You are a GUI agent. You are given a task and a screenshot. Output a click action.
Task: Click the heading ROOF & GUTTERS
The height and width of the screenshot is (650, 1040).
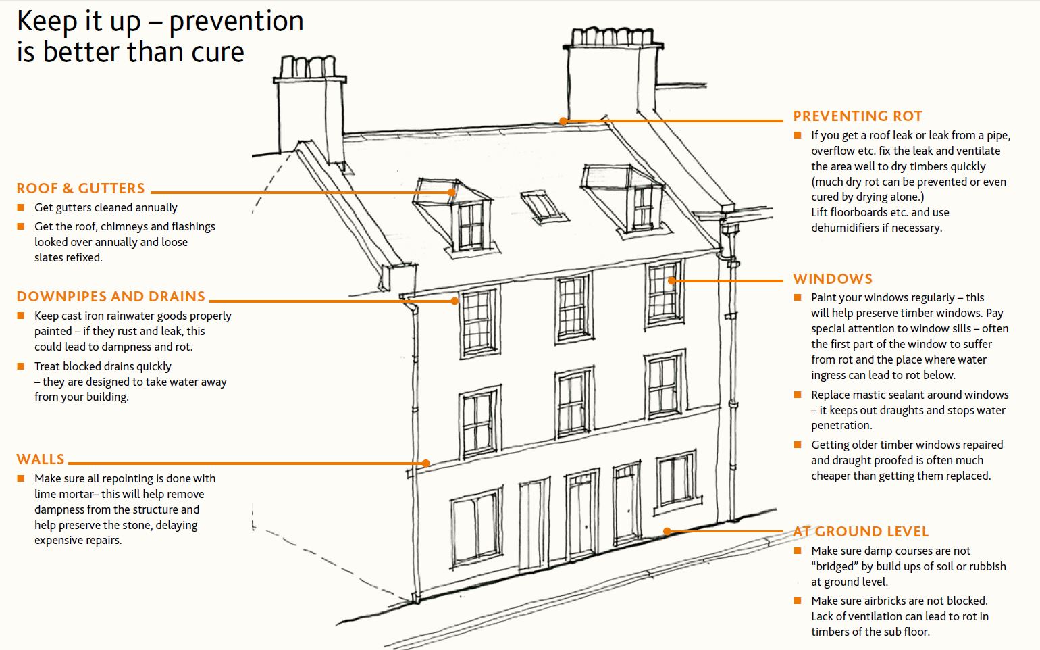coord(80,189)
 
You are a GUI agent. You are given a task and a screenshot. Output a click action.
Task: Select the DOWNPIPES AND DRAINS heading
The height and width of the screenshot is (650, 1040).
coord(111,297)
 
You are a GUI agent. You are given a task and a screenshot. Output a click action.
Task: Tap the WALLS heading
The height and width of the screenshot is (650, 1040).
coord(41,459)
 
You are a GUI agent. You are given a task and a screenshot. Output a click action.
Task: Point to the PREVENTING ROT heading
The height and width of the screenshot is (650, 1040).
coord(857,116)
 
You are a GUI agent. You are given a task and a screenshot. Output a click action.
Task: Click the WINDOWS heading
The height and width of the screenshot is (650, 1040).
coord(832,279)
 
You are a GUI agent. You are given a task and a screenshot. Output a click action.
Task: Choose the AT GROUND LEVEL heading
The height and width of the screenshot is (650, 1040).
coord(860,532)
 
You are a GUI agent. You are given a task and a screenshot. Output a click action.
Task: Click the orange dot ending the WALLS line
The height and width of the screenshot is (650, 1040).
coord(426,464)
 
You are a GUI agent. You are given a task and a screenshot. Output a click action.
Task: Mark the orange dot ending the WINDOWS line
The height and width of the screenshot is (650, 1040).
coord(672,280)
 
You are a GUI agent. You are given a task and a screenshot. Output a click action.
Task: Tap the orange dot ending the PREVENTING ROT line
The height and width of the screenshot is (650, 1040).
coord(563,122)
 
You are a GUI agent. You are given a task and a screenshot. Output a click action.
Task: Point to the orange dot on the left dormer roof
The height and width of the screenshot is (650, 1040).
coord(452,192)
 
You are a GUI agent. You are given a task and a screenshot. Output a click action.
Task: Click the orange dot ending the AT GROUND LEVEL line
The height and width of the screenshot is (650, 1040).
coord(667,532)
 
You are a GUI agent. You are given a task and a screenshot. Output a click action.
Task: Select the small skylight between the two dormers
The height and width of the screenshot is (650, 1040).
coord(542,206)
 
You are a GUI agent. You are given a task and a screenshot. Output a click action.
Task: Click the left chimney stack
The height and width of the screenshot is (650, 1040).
coord(310,108)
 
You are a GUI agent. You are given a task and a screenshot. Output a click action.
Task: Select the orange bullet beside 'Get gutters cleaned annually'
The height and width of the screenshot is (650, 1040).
coord(21,207)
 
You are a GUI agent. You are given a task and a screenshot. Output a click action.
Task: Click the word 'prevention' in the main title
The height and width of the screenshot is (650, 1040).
coord(236,21)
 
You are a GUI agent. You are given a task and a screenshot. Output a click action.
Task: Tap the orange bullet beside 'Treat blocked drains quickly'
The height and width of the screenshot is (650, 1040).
coord(21,366)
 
